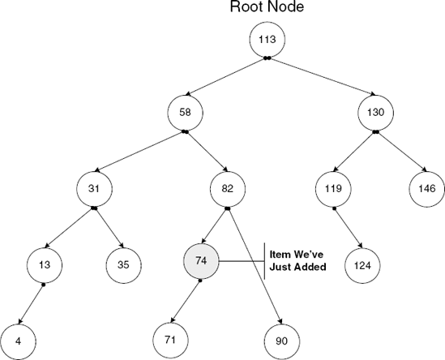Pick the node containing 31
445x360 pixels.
[x=94, y=190]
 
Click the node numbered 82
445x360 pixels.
[x=227, y=190]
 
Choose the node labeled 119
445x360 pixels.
[x=333, y=190]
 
